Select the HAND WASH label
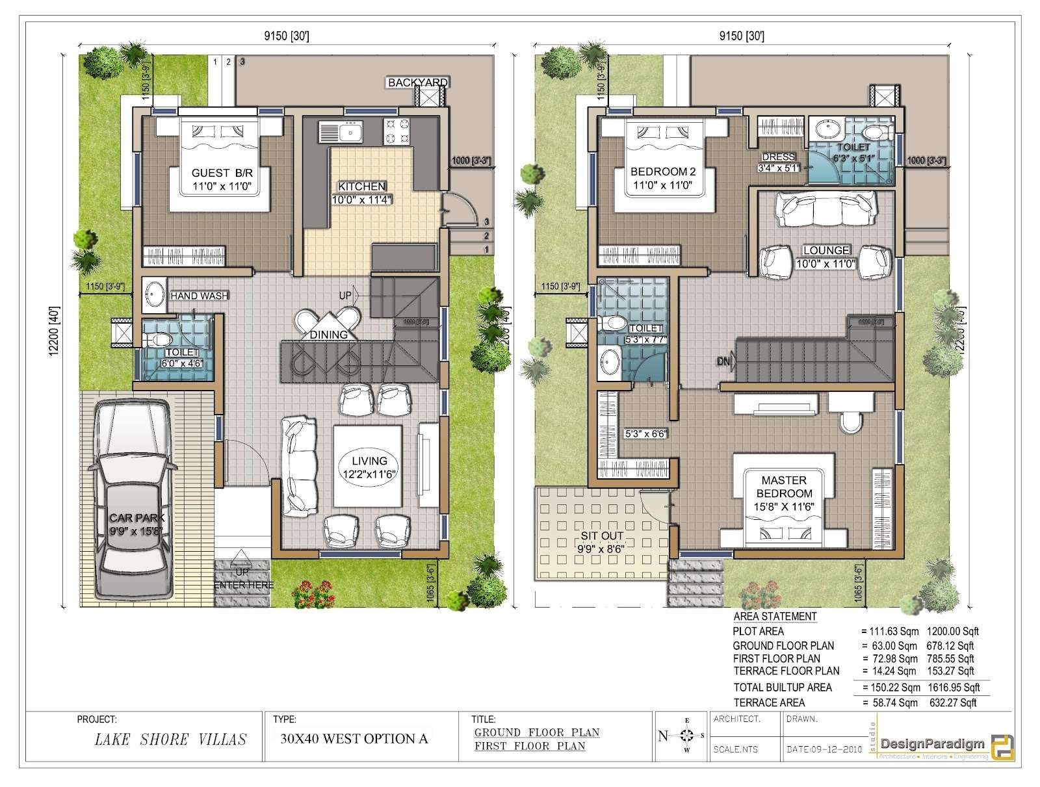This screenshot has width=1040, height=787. pyautogui.click(x=199, y=296)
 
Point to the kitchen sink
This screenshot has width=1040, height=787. pyautogui.click(x=340, y=133)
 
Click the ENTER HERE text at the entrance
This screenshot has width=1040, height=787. pyautogui.click(x=244, y=585)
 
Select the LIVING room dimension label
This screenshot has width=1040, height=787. pyautogui.click(x=369, y=474)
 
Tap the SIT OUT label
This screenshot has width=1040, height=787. pyautogui.click(x=602, y=536)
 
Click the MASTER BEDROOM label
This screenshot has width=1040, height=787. pyautogui.click(x=784, y=486)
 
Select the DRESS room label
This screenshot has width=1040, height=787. pyautogui.click(x=778, y=157)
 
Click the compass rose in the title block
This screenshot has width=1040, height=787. pyautogui.click(x=685, y=736)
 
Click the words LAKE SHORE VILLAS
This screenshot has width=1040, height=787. pyautogui.click(x=170, y=739)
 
